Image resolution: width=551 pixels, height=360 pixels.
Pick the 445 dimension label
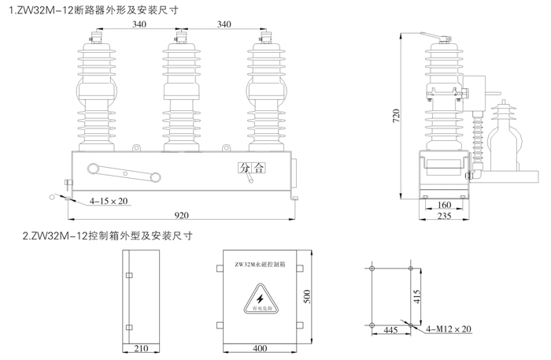click(x=390, y=331)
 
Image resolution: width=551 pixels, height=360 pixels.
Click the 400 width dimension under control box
click(x=260, y=348)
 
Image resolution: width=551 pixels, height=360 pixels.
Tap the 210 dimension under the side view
click(x=142, y=348)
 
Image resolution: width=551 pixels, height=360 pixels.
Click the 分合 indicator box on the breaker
click(x=253, y=167)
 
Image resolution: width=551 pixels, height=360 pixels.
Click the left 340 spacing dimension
click(x=139, y=24)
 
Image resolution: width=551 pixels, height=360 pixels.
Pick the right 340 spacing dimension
click(x=223, y=24)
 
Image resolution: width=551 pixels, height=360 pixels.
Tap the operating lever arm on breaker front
click(x=125, y=171)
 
